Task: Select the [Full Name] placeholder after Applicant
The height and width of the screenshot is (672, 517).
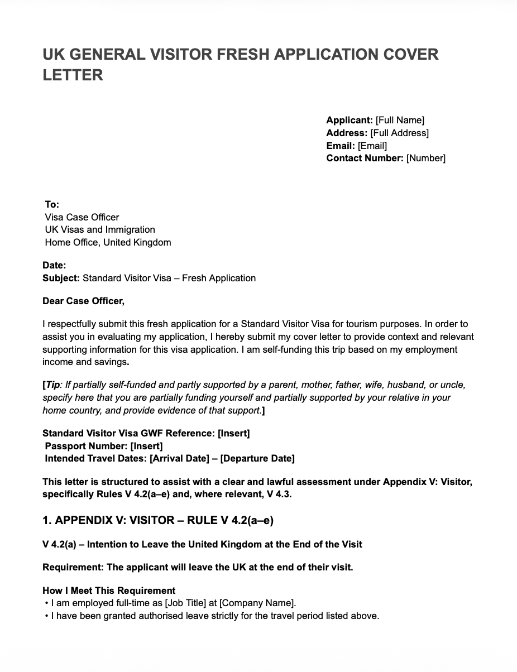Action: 400,120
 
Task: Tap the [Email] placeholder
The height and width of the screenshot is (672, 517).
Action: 372,146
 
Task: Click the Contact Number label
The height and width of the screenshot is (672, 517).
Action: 365,158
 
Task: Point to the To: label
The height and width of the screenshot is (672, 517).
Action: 52,204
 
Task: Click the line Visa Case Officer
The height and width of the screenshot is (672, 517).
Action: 82,217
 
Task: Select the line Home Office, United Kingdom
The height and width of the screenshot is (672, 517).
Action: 108,242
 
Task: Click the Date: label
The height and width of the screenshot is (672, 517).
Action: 54,266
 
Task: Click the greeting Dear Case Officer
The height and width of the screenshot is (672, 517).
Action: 83,301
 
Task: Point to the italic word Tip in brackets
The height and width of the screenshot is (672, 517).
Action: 52,385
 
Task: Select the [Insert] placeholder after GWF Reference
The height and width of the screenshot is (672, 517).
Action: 233,433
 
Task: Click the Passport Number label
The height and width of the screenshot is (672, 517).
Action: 86,446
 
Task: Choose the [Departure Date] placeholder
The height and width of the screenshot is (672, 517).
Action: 257,458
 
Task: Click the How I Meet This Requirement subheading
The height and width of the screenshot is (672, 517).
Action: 109,591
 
